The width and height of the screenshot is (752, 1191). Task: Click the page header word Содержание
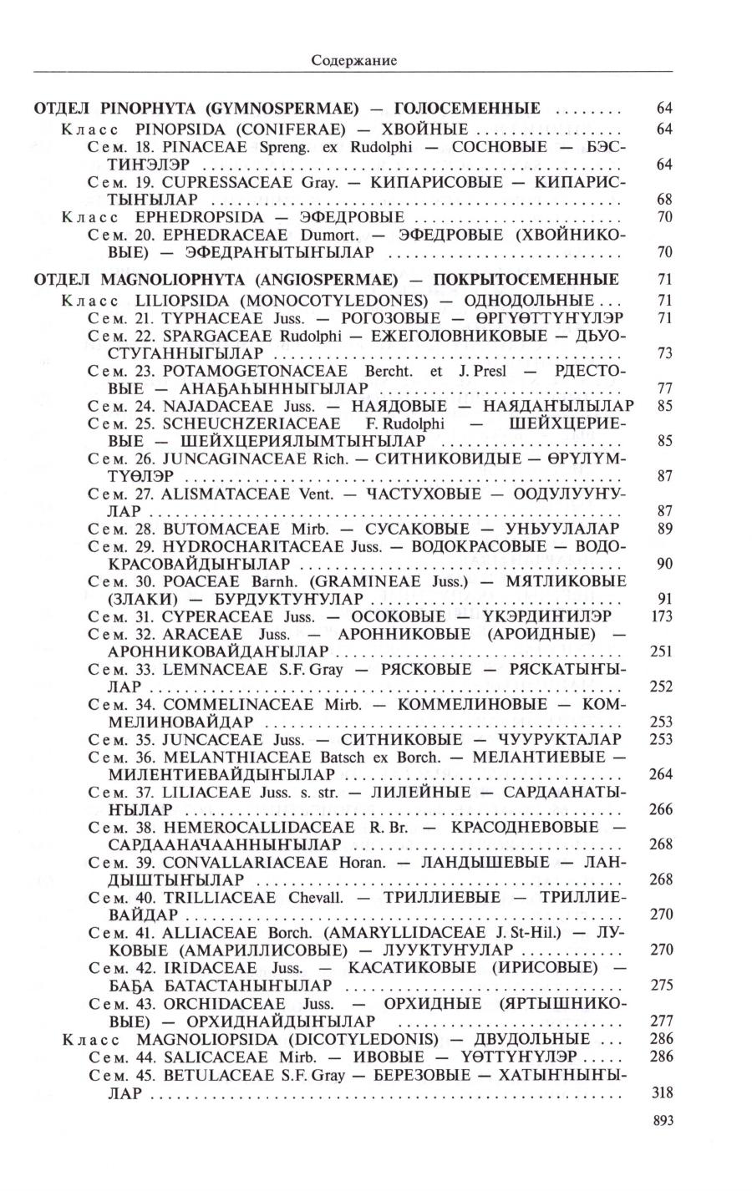pos(353,60)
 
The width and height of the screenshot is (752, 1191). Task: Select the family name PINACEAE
pos(198,147)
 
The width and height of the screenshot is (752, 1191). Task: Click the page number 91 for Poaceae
pos(665,598)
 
